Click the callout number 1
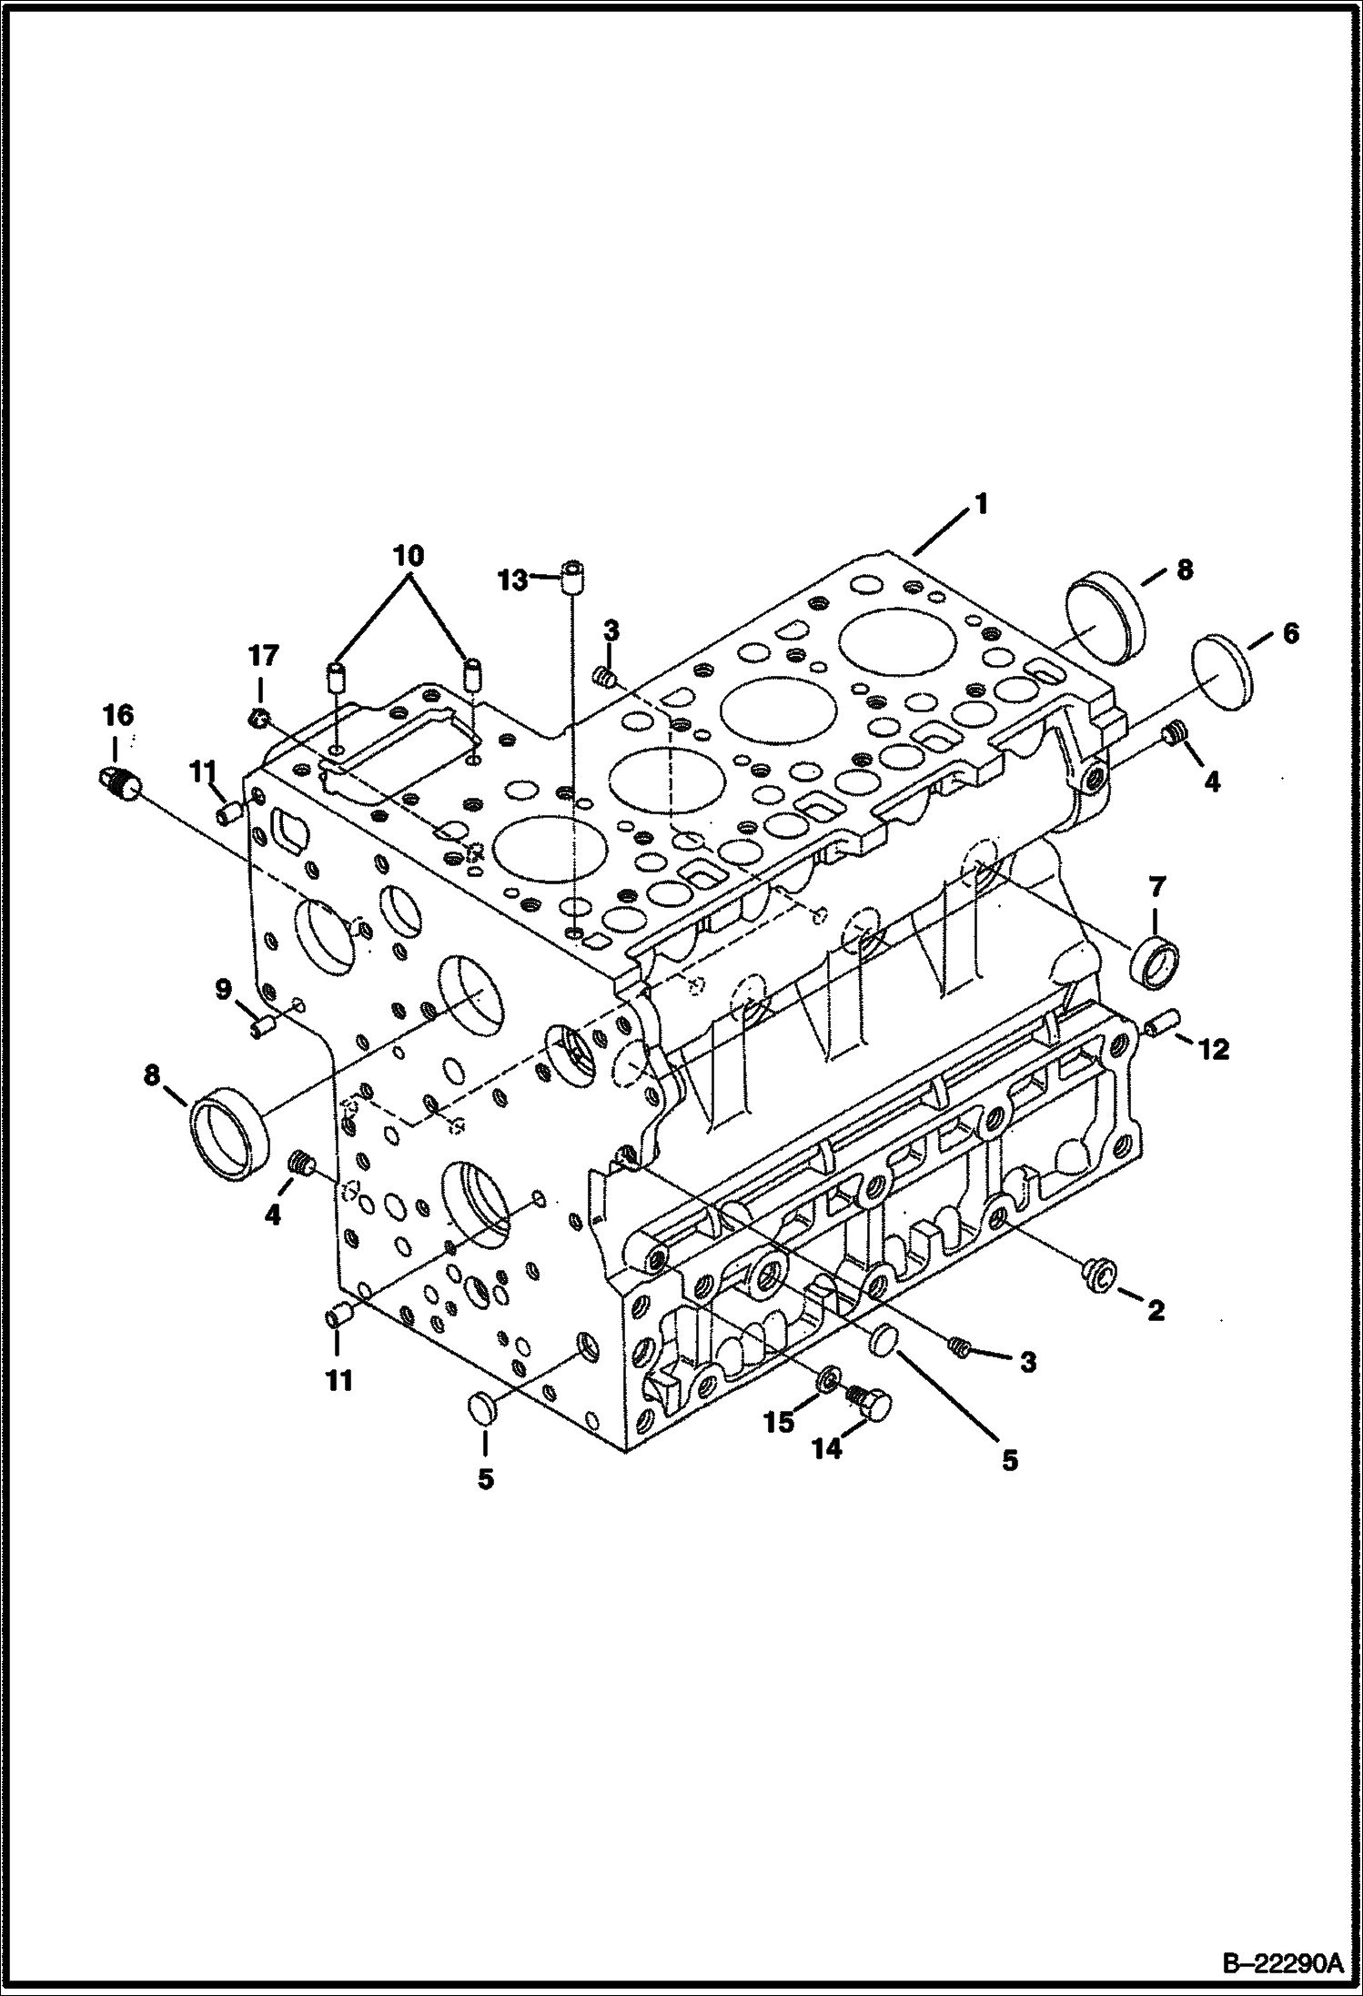(981, 503)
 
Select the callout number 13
(514, 580)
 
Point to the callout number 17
(263, 655)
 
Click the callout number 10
(409, 556)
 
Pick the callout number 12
(1215, 1050)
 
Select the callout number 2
(1156, 1311)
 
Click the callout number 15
(779, 1422)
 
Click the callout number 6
(1290, 633)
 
